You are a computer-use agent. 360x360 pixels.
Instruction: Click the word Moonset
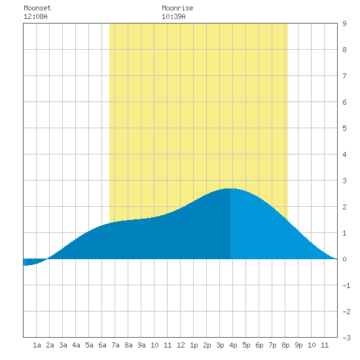(x=37, y=8)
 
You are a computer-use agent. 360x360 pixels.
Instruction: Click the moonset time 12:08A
(x=35, y=16)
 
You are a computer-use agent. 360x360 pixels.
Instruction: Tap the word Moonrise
(x=177, y=8)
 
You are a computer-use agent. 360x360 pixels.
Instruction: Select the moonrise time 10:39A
(x=173, y=16)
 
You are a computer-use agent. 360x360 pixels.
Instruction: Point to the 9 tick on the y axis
(x=344, y=24)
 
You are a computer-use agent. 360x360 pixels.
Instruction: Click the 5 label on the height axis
(x=344, y=128)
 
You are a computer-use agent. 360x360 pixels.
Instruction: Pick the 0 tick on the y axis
(x=344, y=259)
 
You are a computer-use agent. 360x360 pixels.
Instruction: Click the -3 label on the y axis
(x=346, y=338)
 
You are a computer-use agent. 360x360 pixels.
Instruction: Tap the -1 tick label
(x=346, y=285)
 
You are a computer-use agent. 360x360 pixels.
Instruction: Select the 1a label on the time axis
(x=37, y=345)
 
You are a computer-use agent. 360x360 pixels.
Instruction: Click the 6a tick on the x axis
(x=102, y=345)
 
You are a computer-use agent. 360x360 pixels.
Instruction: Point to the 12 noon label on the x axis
(x=181, y=345)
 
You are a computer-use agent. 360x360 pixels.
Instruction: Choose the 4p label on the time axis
(x=233, y=345)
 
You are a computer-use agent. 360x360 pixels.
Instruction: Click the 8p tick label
(x=285, y=345)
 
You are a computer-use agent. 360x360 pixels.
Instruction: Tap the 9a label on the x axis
(x=141, y=345)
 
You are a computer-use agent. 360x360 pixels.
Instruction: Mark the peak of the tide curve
(x=230, y=189)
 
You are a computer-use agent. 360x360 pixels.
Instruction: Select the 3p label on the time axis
(x=220, y=345)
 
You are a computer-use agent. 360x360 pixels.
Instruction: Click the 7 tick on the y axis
(x=344, y=76)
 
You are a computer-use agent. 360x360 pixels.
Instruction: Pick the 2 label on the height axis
(x=344, y=207)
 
